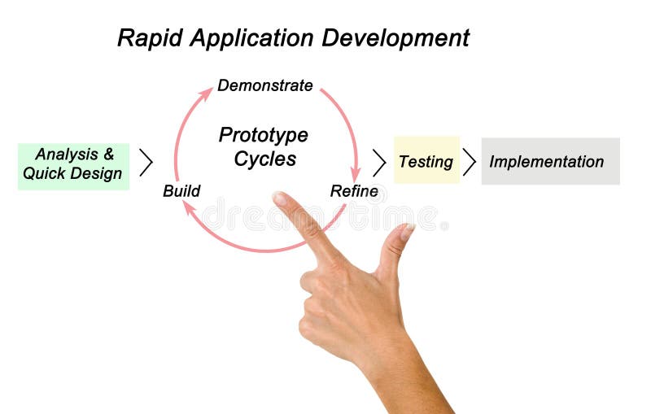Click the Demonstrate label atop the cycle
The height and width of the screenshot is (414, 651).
pos(264,85)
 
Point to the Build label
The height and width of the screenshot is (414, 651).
pos(181,191)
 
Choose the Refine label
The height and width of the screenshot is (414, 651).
pos(354,191)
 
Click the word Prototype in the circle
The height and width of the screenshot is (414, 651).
pos(263,135)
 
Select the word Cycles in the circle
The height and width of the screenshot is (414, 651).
pos(263,159)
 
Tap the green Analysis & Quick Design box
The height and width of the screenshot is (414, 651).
pos(73,163)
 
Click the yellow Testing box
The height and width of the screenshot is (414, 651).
pos(426,161)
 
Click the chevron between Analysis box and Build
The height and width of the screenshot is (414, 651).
pos(146,163)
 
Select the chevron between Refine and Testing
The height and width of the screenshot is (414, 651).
pos(379,163)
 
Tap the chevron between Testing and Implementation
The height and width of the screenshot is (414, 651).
pos(470,162)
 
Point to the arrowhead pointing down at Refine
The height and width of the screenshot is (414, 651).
pos(356,174)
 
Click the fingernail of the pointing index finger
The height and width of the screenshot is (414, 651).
pos(280,198)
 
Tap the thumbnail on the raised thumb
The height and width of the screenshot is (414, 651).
pos(407,232)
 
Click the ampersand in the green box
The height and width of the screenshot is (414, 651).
pos(109,154)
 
